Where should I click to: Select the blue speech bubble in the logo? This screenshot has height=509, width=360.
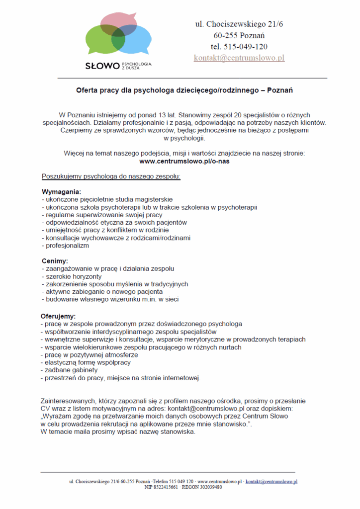point(137,40)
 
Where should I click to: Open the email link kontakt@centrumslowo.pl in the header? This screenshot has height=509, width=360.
point(239,58)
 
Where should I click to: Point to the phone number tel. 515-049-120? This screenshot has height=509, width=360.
point(239,47)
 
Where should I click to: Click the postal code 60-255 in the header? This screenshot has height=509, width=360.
point(225,35)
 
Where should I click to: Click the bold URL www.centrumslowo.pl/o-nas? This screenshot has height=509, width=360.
point(184,162)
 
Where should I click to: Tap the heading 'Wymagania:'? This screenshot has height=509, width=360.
point(61,192)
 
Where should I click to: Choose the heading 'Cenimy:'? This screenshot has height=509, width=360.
point(55,261)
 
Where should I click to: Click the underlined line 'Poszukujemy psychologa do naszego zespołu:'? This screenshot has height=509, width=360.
point(111,176)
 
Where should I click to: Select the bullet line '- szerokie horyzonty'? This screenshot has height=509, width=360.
point(72,276)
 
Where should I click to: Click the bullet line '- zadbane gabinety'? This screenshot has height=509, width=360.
point(70,370)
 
